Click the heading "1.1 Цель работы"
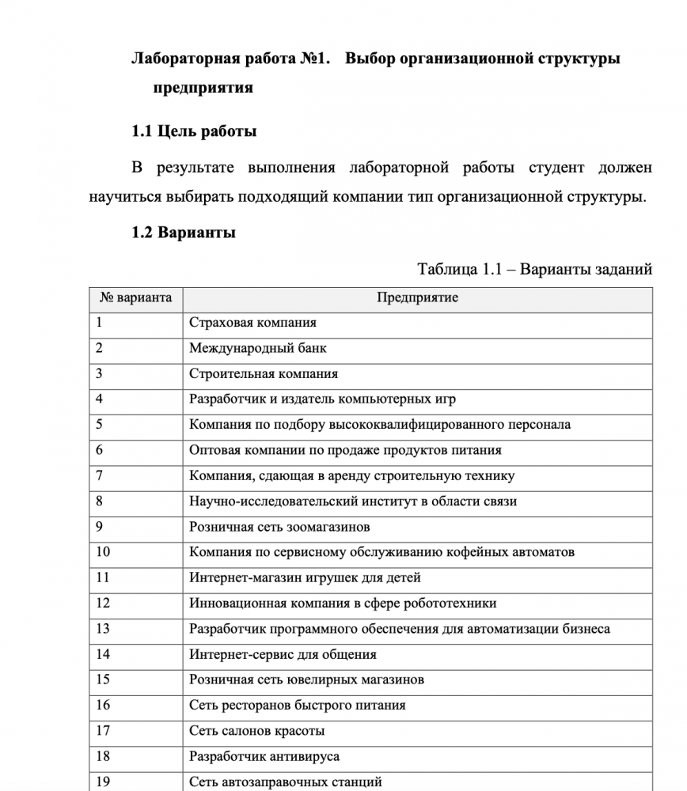point(194,131)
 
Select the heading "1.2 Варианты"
point(184,233)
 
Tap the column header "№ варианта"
point(135,298)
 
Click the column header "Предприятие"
point(417,298)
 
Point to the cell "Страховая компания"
point(252,323)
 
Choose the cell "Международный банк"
point(257,348)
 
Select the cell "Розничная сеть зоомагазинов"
point(279,527)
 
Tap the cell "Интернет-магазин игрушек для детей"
point(305,577)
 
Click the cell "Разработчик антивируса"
point(264,757)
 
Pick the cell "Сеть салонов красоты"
point(256,731)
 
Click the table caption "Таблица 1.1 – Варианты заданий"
point(534,270)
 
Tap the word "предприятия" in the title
point(203,88)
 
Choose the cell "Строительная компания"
point(264,374)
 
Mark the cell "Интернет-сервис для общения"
point(283,655)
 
